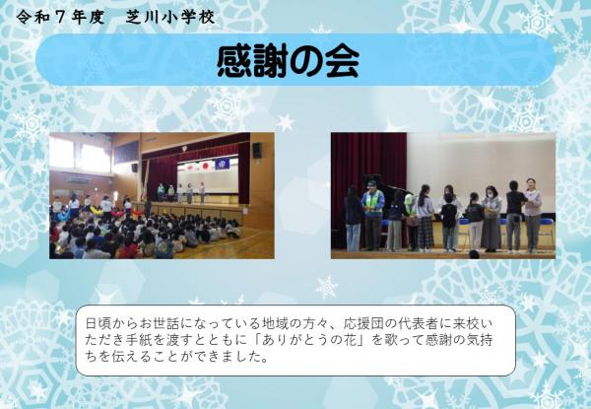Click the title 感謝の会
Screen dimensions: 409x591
pos(288,60)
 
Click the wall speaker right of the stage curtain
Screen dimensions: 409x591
pos(256,150)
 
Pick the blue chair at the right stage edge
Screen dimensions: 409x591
pos(545,233)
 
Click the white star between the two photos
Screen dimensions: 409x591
pos(286,122)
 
